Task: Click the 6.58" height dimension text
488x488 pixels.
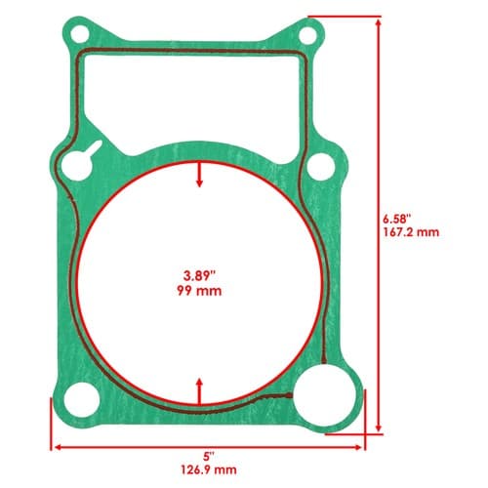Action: coord(394,219)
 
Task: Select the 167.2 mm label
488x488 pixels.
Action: coord(411,232)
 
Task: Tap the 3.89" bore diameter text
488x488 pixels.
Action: coord(199,276)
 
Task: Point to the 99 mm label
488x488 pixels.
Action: coord(199,290)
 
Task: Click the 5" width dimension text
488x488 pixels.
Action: coord(208,457)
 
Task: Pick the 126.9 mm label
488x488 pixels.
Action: coord(209,470)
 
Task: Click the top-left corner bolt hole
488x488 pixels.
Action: coord(80,34)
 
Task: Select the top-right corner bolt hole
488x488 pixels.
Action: coord(307,36)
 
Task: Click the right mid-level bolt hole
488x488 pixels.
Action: coord(321,167)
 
